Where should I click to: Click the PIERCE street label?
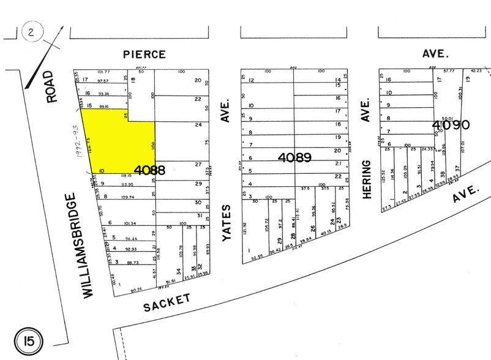[144, 54]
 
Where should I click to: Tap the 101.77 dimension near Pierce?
[103, 72]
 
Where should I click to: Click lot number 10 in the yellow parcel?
[101, 170]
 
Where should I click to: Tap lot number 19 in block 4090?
[467, 80]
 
